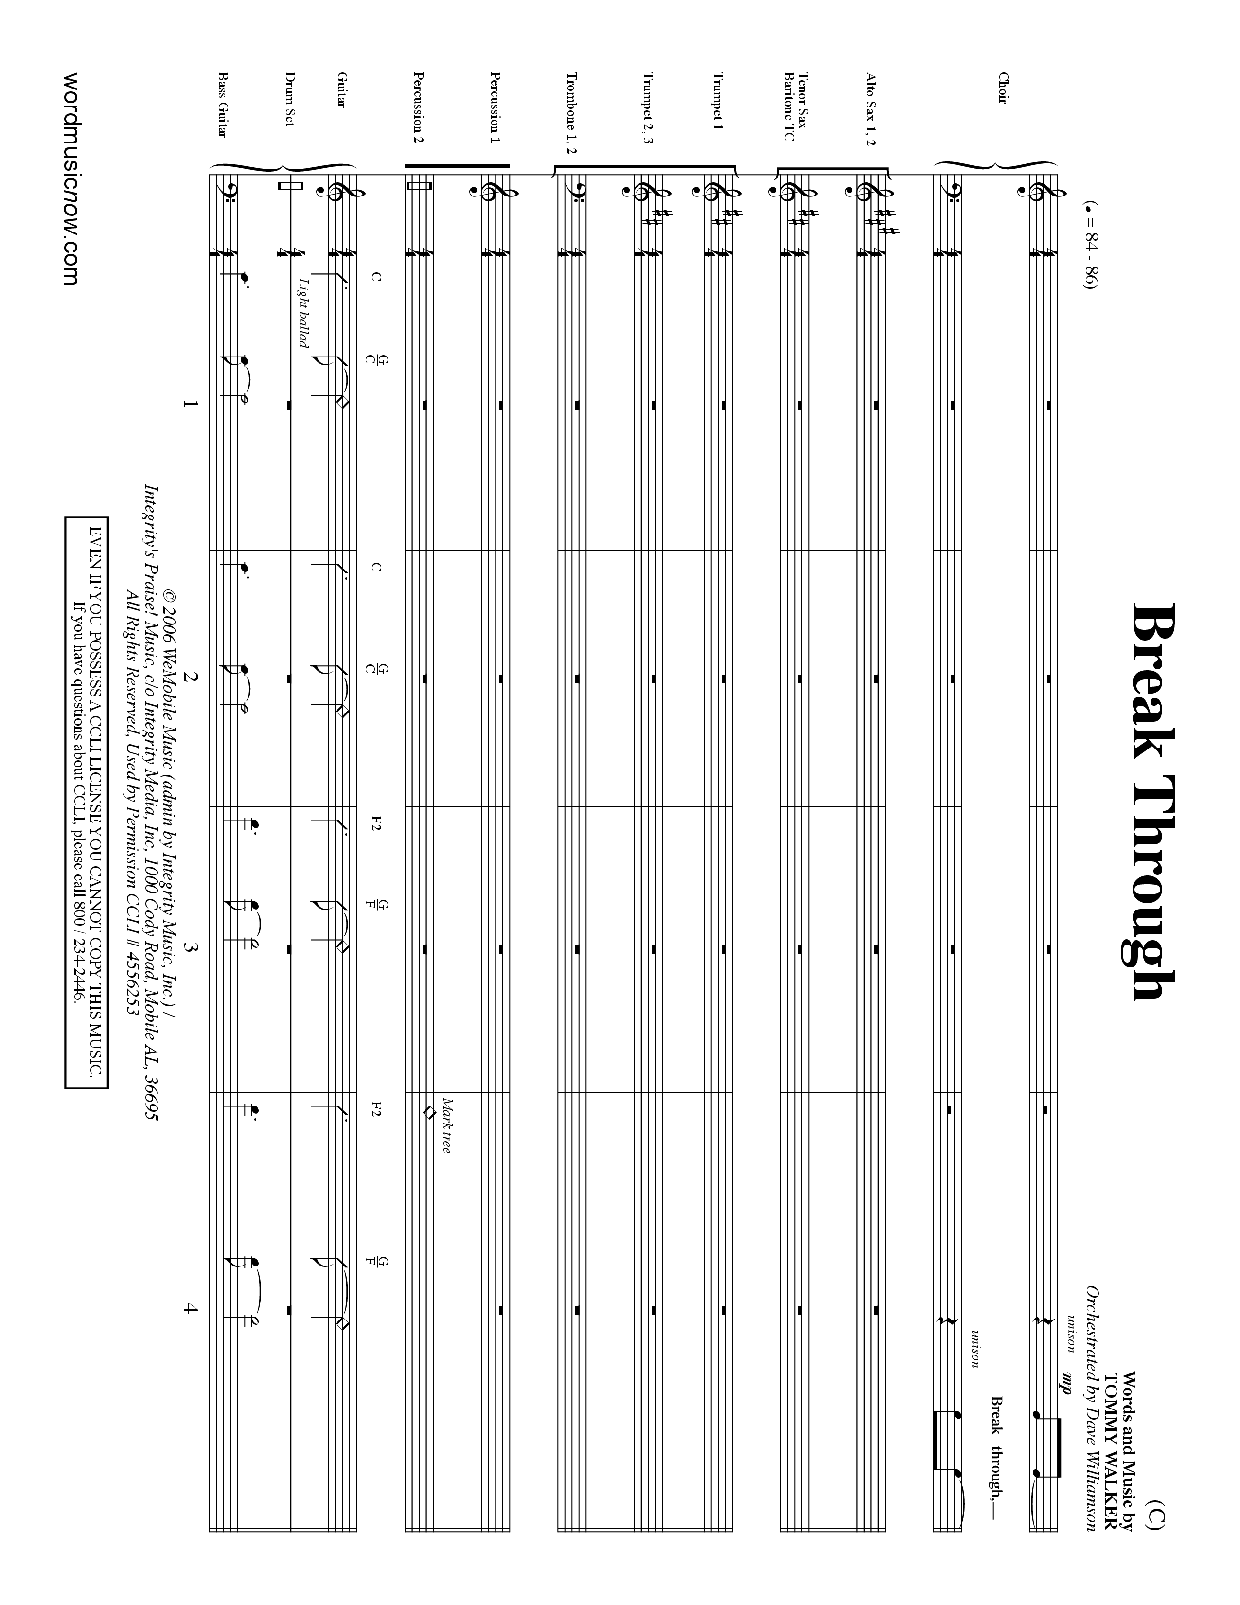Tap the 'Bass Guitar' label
221,105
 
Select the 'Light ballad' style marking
303,312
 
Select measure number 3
192,947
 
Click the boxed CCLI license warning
87,801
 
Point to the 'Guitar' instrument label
341,89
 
